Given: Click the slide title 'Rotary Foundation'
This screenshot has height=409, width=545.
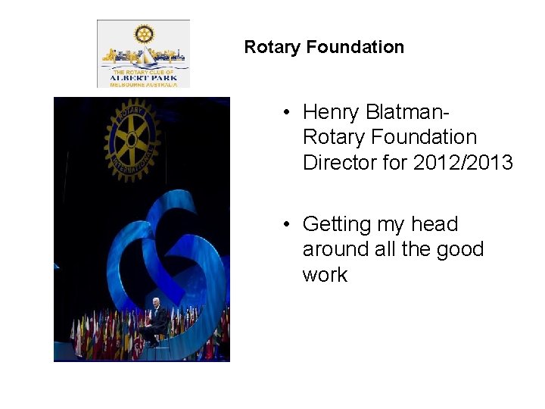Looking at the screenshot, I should click(324, 47).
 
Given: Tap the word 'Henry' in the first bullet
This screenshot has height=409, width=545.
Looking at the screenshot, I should click(330, 112).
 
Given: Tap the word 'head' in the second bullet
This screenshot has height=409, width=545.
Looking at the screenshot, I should click(434, 224).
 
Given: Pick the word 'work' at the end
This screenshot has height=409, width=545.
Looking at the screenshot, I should click(325, 275).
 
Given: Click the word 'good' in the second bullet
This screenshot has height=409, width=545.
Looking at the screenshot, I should click(459, 249).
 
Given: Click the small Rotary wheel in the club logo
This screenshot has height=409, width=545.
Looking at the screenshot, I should click(144, 34).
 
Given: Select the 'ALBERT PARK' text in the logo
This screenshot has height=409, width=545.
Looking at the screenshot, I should click(144, 77).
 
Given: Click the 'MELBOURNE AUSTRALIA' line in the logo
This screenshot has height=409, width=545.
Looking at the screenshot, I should click(144, 85).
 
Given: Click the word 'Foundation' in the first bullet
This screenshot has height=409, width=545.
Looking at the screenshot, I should click(390, 138).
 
